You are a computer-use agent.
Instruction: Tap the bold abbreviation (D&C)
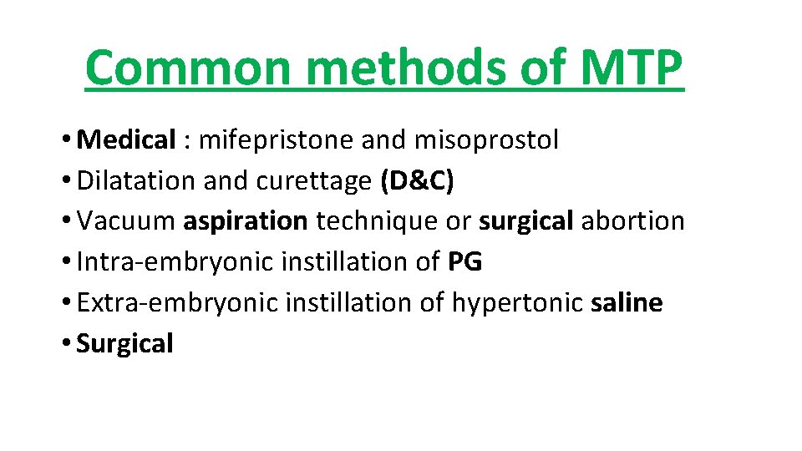click(x=417, y=181)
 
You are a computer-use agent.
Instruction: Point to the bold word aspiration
click(x=246, y=221)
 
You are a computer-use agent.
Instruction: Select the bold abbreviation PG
click(x=465, y=262)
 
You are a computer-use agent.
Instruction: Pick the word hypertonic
click(x=517, y=302)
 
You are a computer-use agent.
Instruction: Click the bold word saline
click(x=627, y=302)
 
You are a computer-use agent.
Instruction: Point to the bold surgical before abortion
click(x=526, y=221)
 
